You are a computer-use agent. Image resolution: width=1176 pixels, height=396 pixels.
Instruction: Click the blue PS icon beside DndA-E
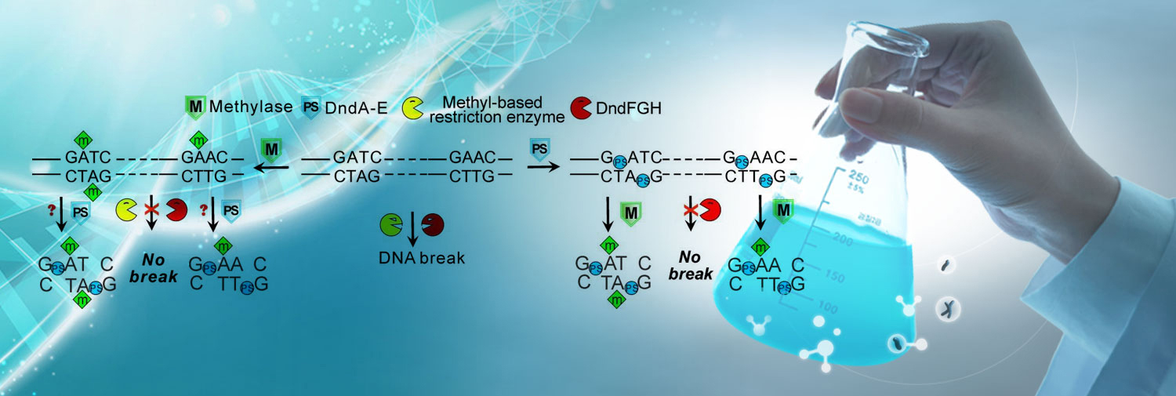tap(311, 107)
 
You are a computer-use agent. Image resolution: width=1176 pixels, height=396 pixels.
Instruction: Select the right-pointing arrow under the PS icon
tap(539, 166)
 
